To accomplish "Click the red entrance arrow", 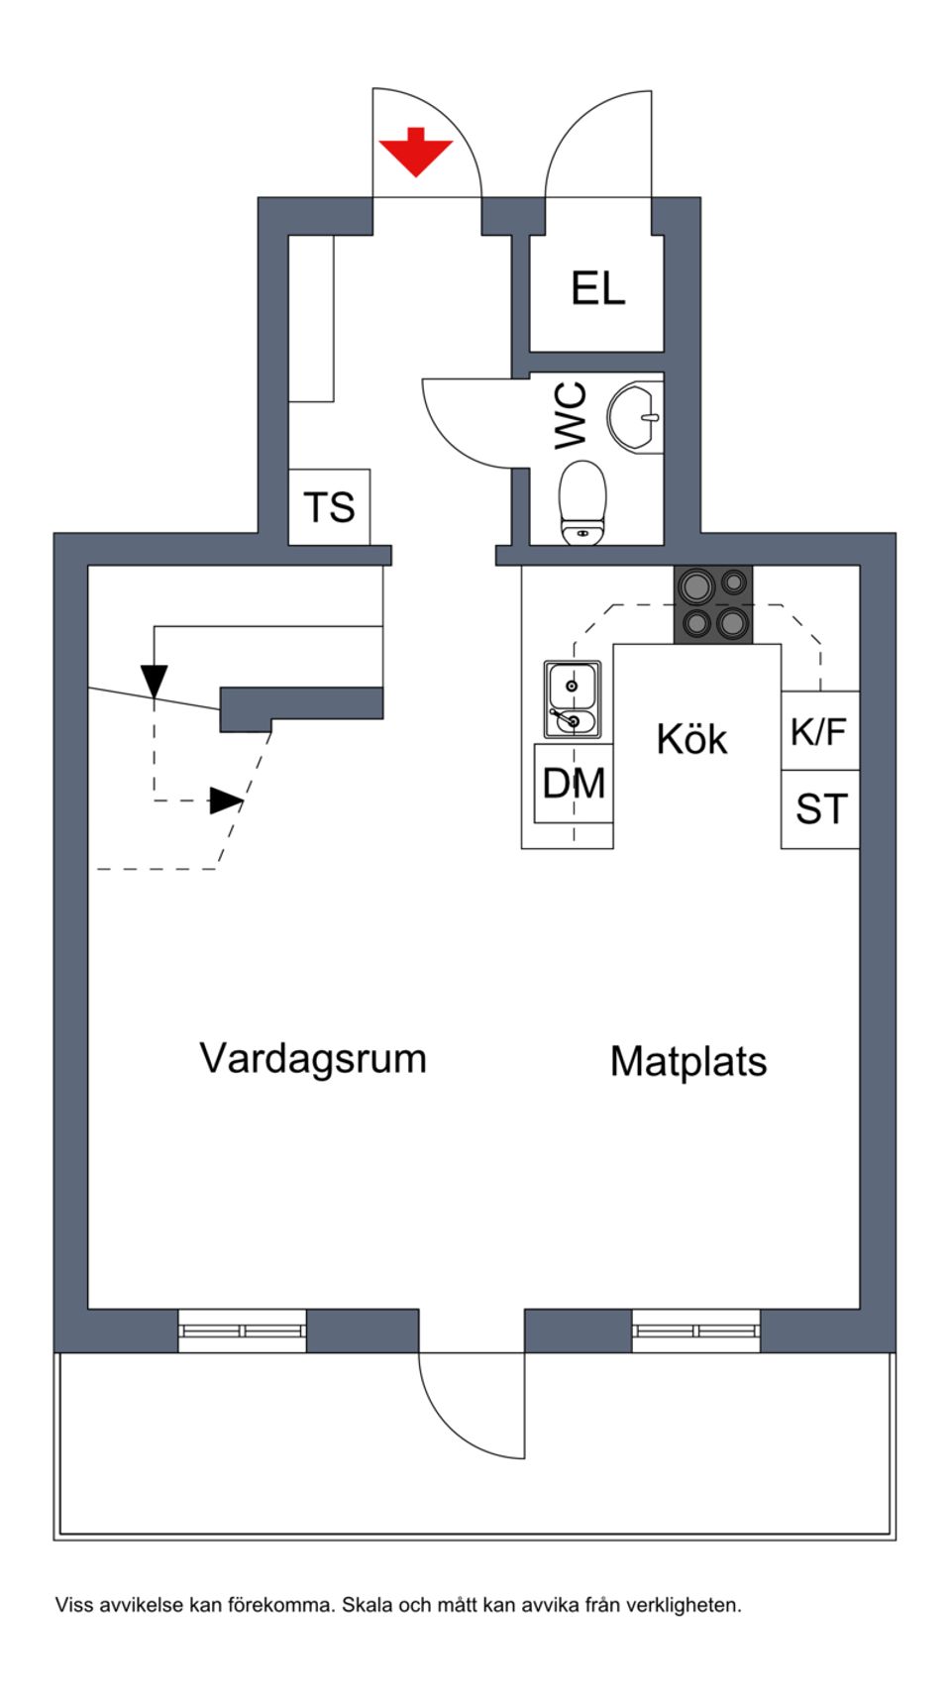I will (415, 153).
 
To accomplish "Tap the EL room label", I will (597, 289).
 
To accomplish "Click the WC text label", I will (572, 416).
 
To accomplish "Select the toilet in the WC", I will (582, 501).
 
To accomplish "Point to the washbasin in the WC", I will (634, 418).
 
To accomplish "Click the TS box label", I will (329, 507).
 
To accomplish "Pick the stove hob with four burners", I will (713, 604).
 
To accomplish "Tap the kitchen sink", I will (572, 699).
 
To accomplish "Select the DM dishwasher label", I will (574, 784).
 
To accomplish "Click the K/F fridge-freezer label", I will (818, 731).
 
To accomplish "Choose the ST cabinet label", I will (821, 809).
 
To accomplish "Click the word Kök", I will (691, 739).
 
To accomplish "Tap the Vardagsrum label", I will (313, 1058).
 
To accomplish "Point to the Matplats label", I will (688, 1061).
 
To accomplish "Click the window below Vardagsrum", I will (243, 1331).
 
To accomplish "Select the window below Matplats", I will (696, 1331).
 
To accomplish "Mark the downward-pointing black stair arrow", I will (154, 681).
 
